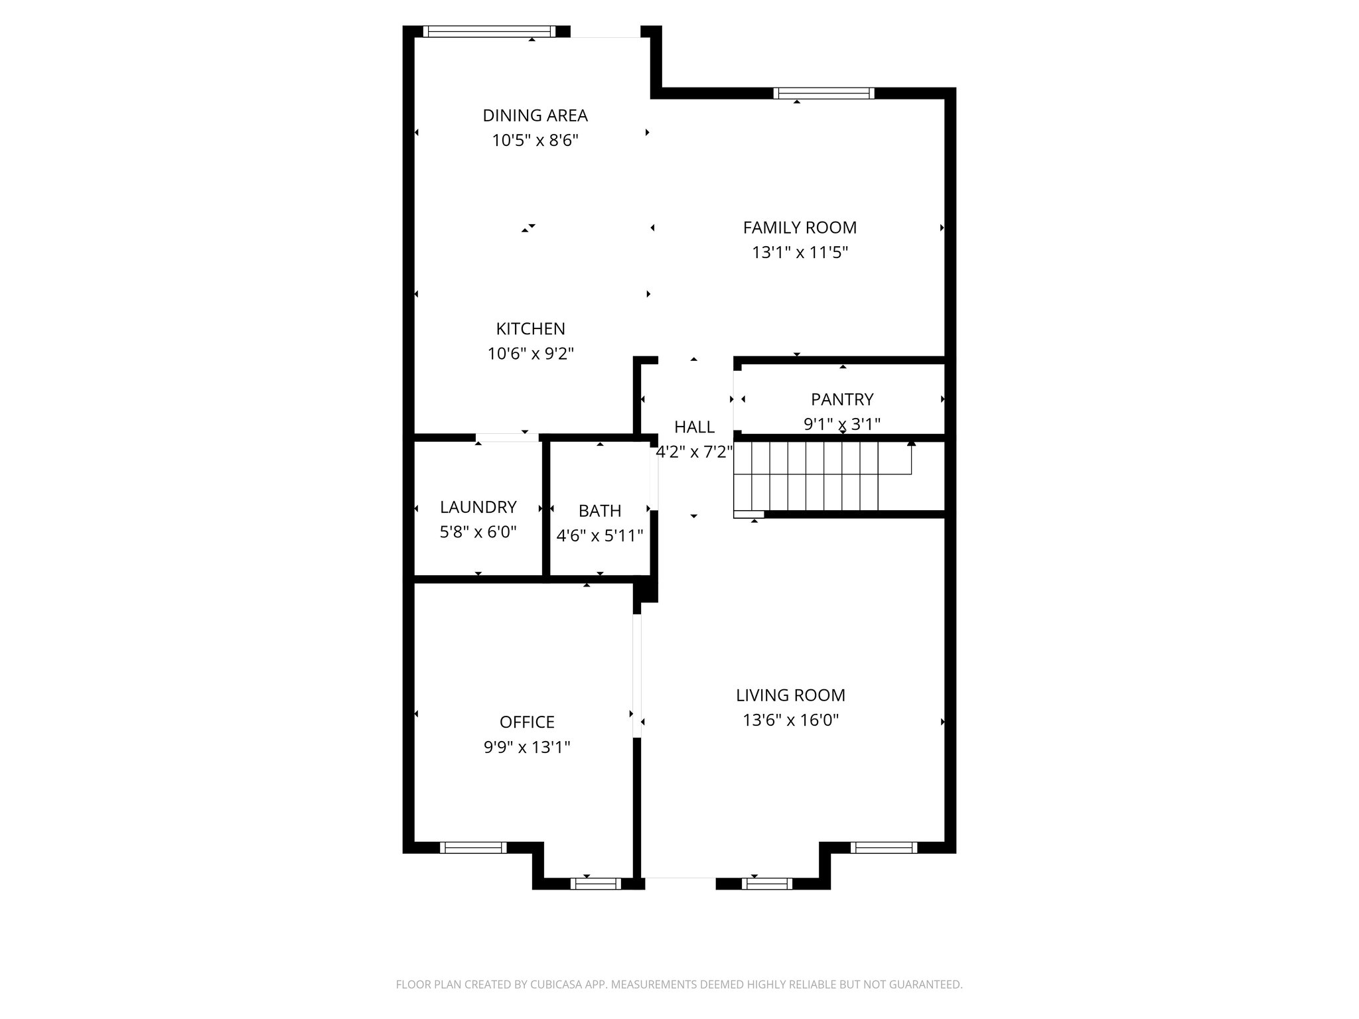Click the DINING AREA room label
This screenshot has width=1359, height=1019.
(x=535, y=115)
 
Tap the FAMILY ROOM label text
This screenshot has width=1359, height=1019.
(x=800, y=228)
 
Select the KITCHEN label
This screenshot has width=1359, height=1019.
(x=530, y=328)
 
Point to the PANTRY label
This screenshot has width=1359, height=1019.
(x=842, y=399)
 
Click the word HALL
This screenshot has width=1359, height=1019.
(x=694, y=427)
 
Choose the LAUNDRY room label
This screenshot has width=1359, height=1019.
(x=478, y=507)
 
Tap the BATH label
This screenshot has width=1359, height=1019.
(x=600, y=511)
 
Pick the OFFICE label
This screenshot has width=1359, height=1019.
(x=527, y=722)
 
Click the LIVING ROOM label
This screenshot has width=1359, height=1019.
(x=790, y=695)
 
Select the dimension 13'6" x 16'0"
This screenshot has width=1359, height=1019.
(x=790, y=720)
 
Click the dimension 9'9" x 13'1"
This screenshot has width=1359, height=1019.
(x=527, y=748)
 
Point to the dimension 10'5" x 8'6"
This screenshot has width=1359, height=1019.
(x=535, y=141)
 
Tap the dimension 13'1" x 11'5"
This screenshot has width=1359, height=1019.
(x=800, y=253)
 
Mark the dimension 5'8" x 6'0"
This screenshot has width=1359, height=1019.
(x=478, y=532)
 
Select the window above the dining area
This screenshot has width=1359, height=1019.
(x=488, y=31)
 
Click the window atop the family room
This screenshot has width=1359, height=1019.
(x=823, y=94)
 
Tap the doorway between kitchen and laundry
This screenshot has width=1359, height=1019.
(x=507, y=437)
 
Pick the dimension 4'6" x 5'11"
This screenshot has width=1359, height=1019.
(x=600, y=535)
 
